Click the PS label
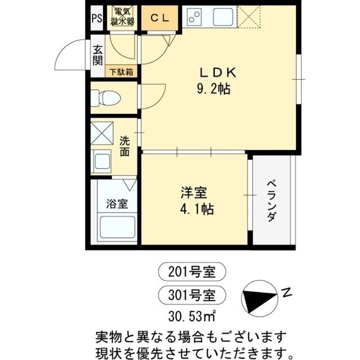96,17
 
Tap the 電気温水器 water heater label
122,17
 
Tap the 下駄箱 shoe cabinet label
121,71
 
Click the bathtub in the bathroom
117,228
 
